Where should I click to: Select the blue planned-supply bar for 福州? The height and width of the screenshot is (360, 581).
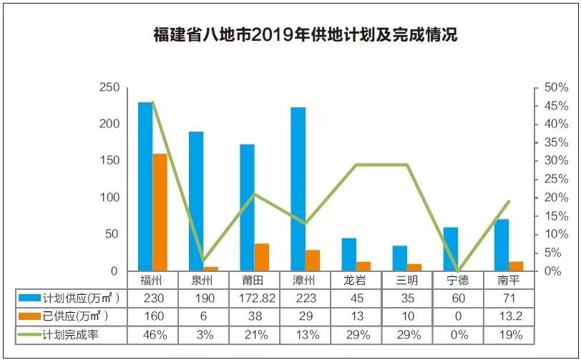coord(145,186)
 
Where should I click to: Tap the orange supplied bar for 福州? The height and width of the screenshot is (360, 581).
coord(160,212)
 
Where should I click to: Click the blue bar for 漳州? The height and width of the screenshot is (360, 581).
coord(298,189)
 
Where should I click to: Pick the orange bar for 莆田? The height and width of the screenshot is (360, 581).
coord(262,257)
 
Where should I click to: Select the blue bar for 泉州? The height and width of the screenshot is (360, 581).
coord(196,201)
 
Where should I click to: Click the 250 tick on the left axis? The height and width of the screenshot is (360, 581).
coord(109,87)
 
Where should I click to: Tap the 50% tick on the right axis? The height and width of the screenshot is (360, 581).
coord(556,87)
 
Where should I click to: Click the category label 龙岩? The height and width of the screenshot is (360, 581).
coord(357,280)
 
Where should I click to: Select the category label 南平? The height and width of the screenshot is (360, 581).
coord(509,280)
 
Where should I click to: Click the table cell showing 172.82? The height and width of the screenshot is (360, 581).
coord(256,298)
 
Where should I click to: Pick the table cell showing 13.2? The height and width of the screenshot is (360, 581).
coord(509,316)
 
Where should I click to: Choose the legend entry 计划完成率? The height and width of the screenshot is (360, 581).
coord(70,334)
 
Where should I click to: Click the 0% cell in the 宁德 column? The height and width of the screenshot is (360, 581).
coord(458,334)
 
